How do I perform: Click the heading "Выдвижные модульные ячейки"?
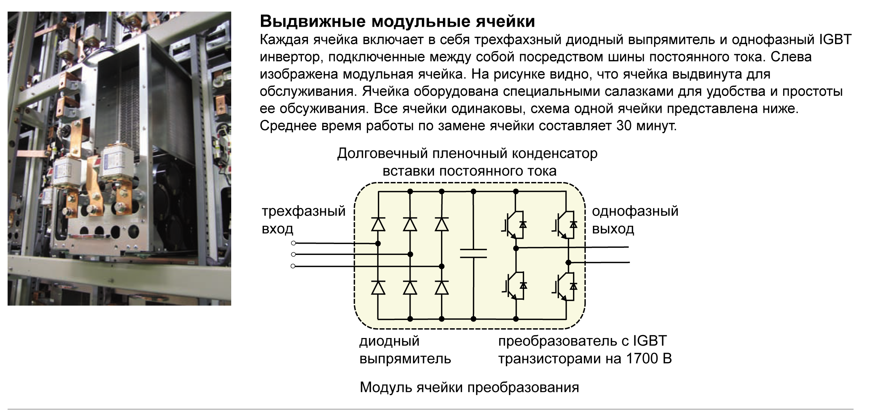point(397,21)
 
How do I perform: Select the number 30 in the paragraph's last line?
point(624,126)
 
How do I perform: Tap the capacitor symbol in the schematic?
point(473,253)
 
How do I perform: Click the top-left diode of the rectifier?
point(378,224)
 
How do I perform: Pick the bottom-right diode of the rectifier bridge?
point(442,288)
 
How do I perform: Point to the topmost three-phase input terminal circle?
point(293,243)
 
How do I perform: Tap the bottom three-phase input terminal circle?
point(293,266)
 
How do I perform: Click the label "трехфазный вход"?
point(303,220)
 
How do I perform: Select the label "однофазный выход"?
point(635,220)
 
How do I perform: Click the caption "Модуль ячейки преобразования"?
point(469,387)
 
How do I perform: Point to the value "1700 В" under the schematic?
point(649,359)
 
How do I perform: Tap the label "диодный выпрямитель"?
point(405,350)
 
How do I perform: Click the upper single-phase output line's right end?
point(629,247)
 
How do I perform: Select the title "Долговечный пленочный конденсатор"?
point(467,153)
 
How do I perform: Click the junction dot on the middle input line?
point(410,255)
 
